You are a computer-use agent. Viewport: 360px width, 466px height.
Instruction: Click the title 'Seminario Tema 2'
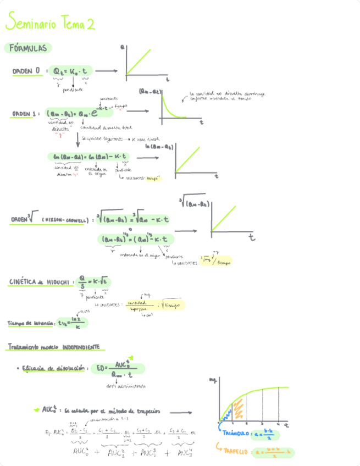coord(49,23)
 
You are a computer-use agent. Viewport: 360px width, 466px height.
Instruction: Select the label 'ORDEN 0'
coord(26,71)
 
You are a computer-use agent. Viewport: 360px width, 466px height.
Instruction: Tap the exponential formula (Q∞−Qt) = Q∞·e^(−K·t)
coord(80,113)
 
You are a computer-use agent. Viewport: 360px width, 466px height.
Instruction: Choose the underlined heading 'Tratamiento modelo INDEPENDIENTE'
coord(54,347)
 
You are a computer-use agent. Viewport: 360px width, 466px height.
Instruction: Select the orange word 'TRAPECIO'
coord(236,452)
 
